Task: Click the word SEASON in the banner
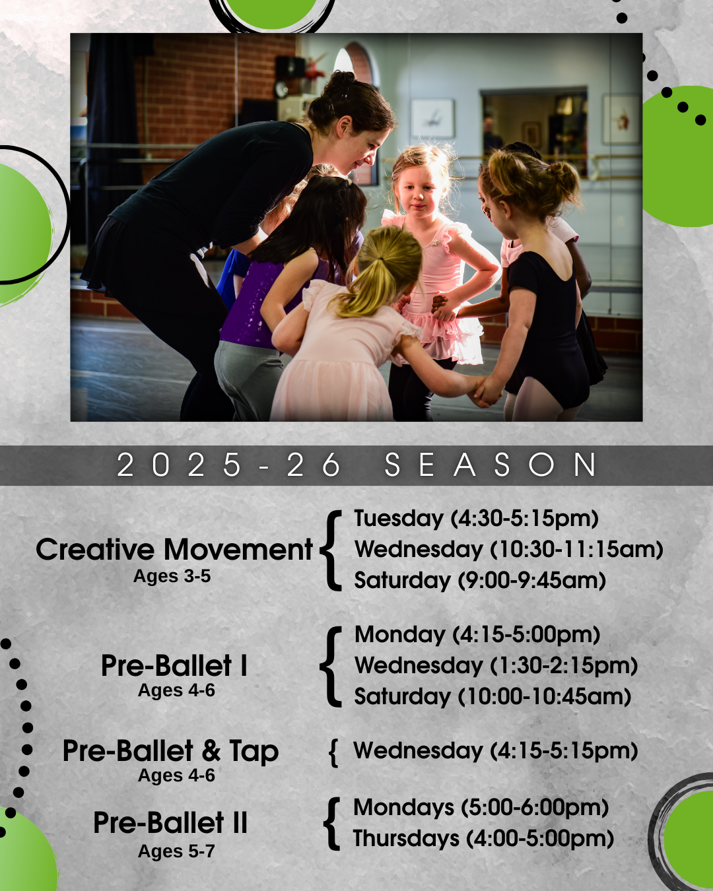491,465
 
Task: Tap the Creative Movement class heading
174,550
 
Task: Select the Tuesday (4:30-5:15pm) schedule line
477,518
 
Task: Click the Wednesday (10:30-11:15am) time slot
509,549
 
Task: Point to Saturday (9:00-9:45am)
480,580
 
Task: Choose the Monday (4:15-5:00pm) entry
477,635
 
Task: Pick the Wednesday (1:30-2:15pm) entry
496,666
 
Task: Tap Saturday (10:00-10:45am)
492,696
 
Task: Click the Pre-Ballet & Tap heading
171,751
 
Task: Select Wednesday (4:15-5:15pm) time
496,750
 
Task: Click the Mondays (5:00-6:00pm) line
481,807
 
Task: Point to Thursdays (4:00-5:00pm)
483,838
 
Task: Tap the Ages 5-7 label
176,851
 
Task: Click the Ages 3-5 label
172,576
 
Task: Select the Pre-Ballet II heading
170,822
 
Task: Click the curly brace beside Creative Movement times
331,550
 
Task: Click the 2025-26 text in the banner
228,465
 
